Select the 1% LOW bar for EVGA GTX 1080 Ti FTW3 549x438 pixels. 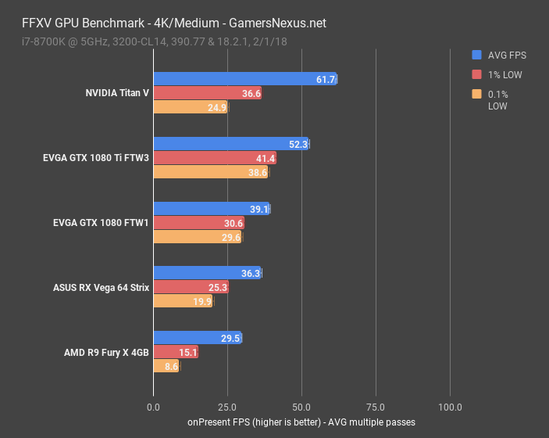[x=215, y=158]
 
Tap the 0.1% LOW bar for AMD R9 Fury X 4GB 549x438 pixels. [x=166, y=366]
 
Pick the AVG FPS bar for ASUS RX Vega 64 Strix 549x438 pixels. [x=207, y=273]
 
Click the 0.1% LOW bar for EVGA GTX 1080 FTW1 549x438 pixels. [x=198, y=237]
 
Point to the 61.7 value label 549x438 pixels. [x=326, y=79]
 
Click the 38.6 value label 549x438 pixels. [x=258, y=172]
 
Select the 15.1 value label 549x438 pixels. [x=188, y=352]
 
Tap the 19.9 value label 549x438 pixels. [x=202, y=302]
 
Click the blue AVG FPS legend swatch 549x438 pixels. [x=476, y=55]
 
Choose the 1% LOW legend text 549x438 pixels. [x=504, y=75]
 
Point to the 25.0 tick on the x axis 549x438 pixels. [x=227, y=407]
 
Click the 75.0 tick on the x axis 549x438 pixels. [x=376, y=407]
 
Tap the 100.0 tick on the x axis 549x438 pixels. [x=450, y=407]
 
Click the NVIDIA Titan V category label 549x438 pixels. [x=117, y=93]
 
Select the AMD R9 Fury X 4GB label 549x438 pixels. [x=106, y=352]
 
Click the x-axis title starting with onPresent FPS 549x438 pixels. [x=301, y=422]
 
